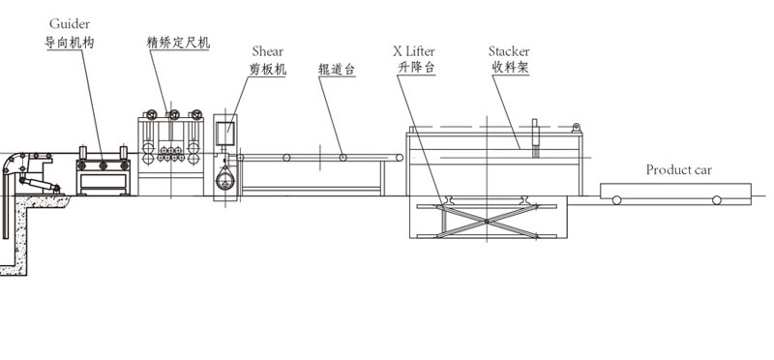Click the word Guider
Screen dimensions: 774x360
[70, 24]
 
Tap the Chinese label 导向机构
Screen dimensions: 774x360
[69, 43]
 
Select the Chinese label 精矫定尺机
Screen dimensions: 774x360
[178, 43]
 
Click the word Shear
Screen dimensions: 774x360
[268, 51]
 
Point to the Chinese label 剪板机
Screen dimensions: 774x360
[268, 70]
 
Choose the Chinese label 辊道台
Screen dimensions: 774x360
[337, 70]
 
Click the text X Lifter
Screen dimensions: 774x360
[414, 51]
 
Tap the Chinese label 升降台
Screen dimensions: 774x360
[416, 68]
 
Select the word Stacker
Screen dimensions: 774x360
[509, 51]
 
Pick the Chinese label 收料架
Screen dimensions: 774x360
[511, 68]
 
